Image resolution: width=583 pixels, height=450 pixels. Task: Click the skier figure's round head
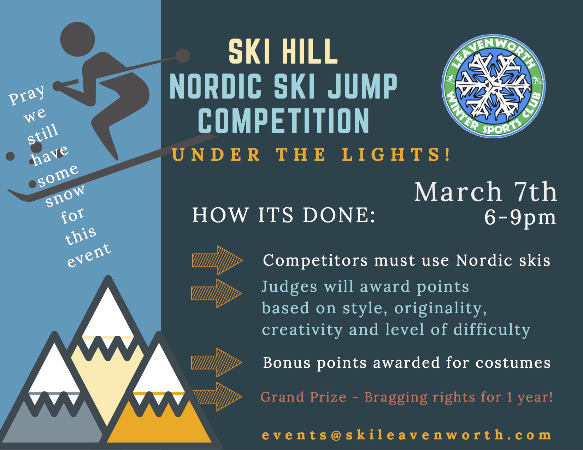77,39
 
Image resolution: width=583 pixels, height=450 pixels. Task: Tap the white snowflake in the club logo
493,86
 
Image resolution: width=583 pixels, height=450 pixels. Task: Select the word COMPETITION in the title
283,121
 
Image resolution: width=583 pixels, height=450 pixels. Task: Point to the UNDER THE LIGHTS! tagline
311,155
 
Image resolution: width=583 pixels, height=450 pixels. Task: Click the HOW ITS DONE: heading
284,215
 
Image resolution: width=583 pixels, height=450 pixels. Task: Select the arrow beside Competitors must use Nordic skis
218,260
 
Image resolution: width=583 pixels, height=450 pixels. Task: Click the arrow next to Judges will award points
217,294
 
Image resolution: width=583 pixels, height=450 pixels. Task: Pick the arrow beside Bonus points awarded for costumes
217,362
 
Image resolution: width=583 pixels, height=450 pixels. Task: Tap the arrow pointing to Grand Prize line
217,397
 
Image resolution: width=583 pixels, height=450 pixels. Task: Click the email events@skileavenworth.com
406,435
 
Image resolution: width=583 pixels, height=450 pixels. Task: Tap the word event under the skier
89,256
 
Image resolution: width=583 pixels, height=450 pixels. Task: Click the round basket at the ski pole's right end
183,56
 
